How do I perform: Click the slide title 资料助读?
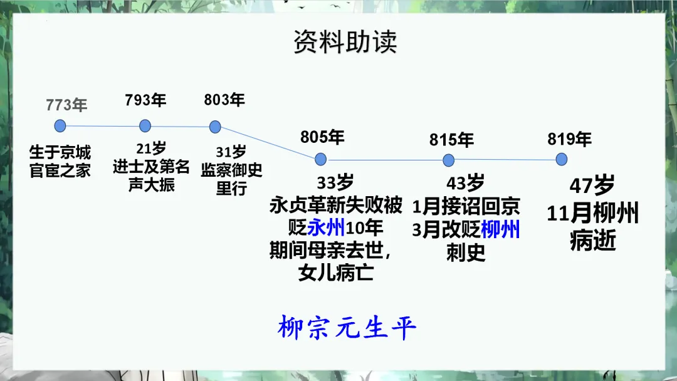[x=345, y=42]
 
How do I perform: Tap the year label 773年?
[x=66, y=105]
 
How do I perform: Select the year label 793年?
[x=145, y=100]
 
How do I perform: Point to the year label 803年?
[x=224, y=100]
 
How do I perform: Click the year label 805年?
[x=322, y=137]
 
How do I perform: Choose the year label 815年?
[x=451, y=139]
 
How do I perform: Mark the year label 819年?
[x=569, y=138]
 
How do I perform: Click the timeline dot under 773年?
[x=60, y=126]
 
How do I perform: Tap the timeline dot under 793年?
[x=145, y=126]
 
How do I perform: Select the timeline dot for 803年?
[x=215, y=127]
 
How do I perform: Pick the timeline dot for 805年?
[x=321, y=157]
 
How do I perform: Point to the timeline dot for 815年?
[x=449, y=160]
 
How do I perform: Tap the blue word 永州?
[x=326, y=227]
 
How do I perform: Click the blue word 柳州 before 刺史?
[x=500, y=229]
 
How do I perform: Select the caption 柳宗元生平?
[x=347, y=328]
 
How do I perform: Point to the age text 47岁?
[x=592, y=187]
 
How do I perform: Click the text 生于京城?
[x=60, y=153]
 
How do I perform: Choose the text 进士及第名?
[x=151, y=168]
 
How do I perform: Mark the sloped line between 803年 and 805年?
[x=268, y=142]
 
